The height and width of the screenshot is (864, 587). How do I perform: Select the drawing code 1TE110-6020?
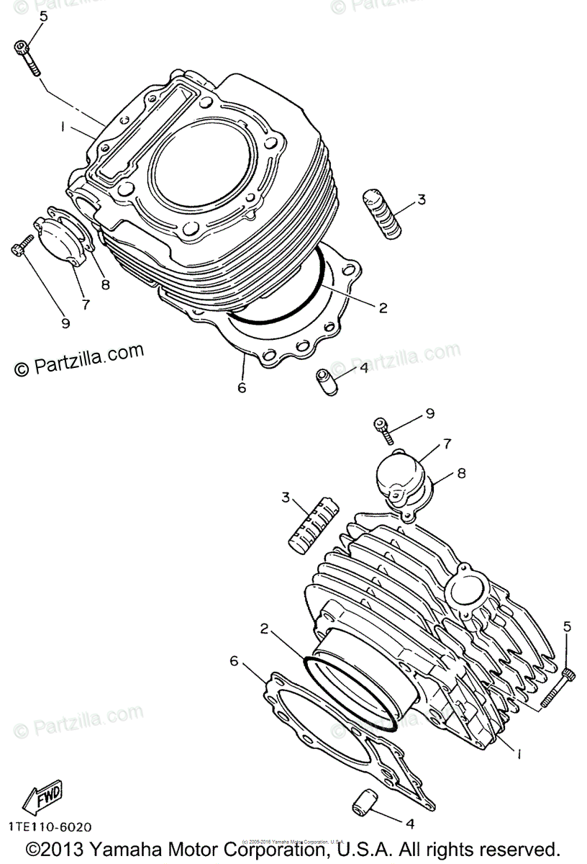click(x=51, y=829)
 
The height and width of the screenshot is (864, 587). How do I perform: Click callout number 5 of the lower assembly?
click(x=568, y=626)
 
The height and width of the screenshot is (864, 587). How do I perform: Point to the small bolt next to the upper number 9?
click(x=22, y=246)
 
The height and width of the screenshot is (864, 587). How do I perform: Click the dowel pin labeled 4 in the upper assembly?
click(x=326, y=381)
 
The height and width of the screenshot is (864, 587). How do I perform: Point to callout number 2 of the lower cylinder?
click(x=265, y=628)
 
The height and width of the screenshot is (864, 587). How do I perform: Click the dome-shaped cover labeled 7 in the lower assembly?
click(x=396, y=475)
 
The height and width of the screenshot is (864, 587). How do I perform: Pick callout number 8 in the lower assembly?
click(x=461, y=474)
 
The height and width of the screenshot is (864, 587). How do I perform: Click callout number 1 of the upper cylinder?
click(x=63, y=127)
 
